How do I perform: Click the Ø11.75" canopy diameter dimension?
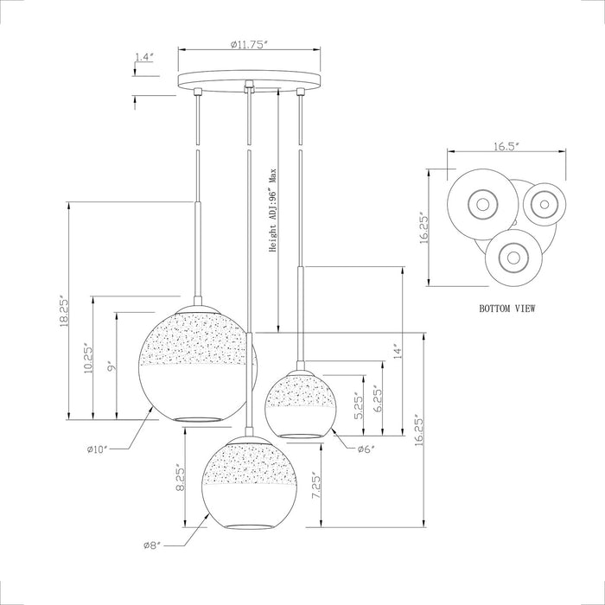(249, 44)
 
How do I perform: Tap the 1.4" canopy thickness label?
(144, 57)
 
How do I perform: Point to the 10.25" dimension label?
(88, 358)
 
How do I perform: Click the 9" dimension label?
(111, 366)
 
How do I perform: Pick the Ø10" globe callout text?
(99, 449)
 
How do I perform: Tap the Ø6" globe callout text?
(366, 449)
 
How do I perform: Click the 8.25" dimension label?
(181, 480)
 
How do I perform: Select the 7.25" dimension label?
(316, 486)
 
